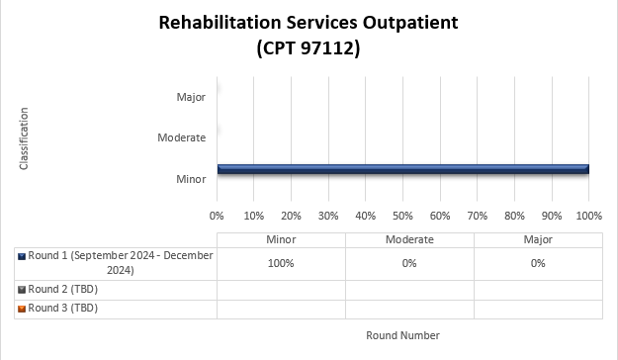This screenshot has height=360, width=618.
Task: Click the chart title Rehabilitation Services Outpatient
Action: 308,22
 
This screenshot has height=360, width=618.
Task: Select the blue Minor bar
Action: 402,169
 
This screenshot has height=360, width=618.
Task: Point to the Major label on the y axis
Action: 191,97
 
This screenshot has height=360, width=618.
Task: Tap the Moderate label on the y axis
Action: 182,137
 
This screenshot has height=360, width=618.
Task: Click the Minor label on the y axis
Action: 191,179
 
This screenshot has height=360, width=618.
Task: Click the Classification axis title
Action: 24,138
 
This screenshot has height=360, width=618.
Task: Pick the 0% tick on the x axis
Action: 218,215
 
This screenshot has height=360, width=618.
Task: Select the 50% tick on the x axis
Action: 402,215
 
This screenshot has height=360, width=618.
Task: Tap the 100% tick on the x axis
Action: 588,215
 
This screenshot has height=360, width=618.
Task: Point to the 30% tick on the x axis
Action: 328,215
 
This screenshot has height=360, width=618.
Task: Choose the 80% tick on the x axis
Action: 514,215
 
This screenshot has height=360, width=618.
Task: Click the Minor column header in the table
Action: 281,239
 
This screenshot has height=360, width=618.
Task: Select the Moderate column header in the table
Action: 409,239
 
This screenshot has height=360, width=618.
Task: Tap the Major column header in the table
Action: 538,239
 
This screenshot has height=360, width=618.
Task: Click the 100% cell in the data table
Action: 281,263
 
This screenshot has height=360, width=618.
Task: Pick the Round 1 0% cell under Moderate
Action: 409,263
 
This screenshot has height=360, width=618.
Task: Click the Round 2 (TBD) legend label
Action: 63,289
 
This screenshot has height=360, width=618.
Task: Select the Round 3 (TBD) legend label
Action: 63,308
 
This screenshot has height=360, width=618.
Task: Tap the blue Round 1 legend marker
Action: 22,256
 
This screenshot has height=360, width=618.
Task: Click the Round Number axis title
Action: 402,335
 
